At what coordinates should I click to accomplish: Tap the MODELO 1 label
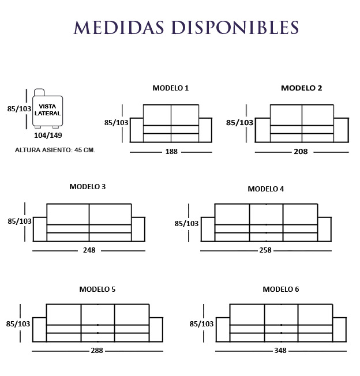(170, 88)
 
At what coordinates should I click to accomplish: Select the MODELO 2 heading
(301, 88)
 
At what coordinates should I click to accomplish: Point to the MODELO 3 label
(87, 187)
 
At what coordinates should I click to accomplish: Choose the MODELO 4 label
(265, 189)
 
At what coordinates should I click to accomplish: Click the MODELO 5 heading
(97, 289)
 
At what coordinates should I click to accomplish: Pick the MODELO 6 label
(280, 289)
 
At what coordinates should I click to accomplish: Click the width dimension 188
(171, 152)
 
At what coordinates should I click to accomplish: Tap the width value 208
(301, 152)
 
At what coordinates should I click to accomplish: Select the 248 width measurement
(89, 251)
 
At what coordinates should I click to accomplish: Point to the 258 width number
(265, 251)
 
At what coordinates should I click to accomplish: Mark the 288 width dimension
(97, 351)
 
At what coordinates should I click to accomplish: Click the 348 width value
(280, 351)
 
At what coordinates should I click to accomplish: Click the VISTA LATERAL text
(47, 110)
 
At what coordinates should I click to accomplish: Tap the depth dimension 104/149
(48, 136)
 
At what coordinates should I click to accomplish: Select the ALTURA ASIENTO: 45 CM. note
(55, 150)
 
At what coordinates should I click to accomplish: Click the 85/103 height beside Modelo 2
(239, 123)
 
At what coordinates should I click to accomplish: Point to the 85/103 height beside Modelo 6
(202, 324)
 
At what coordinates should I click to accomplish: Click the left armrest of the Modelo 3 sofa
(40, 229)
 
